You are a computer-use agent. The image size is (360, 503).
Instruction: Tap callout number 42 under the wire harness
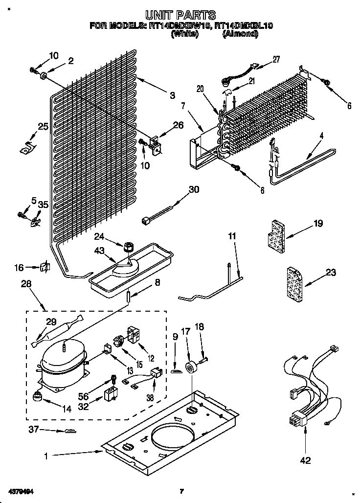(x=305, y=459)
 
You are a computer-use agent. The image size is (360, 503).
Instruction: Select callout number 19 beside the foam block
(x=318, y=224)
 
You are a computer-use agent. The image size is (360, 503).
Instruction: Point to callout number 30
(x=194, y=190)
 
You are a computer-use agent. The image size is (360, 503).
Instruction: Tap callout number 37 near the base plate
(x=33, y=430)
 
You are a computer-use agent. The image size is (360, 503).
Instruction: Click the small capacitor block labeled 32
(x=112, y=394)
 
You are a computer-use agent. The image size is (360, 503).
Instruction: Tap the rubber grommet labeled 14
(x=37, y=396)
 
